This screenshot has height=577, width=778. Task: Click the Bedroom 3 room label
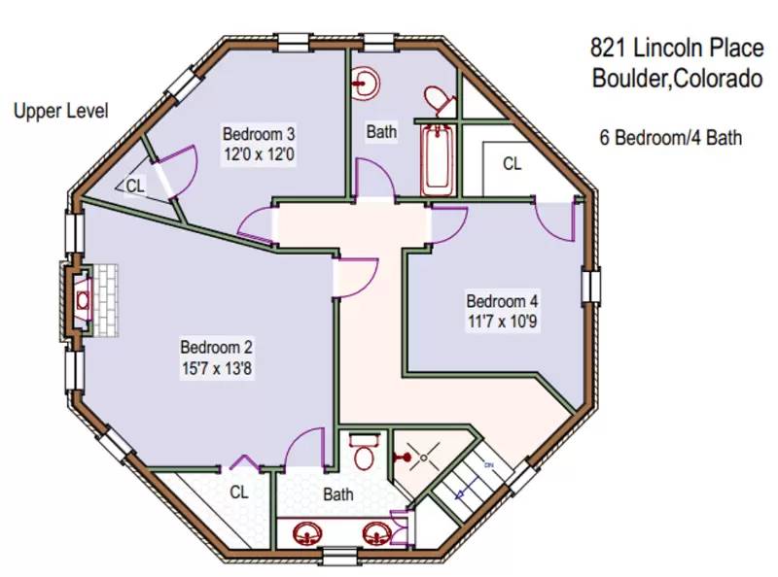259,133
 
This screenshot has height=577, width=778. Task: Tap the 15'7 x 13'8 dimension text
217,368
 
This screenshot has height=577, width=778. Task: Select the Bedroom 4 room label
501,300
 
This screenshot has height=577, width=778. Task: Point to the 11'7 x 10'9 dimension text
501,320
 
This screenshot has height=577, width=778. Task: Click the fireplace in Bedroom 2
84,301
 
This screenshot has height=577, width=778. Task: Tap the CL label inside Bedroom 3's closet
135,185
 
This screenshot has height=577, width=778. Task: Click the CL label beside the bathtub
512,164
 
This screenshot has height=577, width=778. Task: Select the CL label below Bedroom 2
239,492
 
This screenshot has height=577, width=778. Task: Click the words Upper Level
60,111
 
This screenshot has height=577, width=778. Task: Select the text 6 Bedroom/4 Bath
670,138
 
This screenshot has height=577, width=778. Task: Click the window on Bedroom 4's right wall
590,288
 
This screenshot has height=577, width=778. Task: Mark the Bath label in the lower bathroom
338,494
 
